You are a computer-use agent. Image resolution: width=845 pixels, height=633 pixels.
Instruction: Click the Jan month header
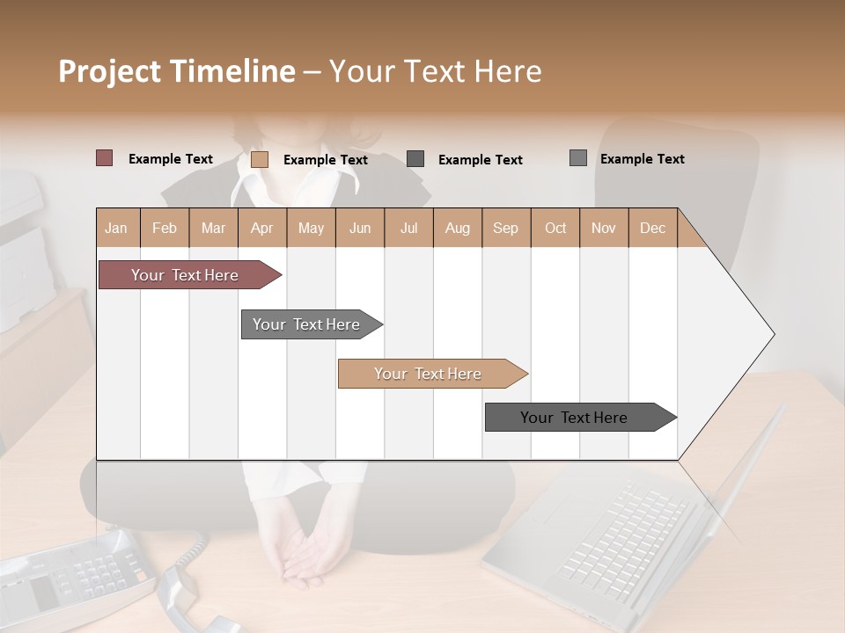click(x=117, y=228)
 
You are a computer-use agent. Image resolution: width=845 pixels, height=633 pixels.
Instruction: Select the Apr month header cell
click(x=262, y=228)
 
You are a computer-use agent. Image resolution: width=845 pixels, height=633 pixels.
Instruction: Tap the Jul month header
click(x=408, y=228)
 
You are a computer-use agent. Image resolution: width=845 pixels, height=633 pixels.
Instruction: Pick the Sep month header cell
click(x=506, y=228)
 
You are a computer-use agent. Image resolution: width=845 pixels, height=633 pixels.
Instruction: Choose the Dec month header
click(x=652, y=228)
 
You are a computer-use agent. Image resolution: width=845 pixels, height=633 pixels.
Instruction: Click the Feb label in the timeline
click(x=165, y=228)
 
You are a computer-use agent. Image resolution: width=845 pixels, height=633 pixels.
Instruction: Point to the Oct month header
click(x=555, y=228)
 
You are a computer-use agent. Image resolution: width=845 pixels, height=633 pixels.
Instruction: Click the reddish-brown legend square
click(x=105, y=158)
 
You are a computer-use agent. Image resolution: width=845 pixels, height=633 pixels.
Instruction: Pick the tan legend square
click(x=260, y=159)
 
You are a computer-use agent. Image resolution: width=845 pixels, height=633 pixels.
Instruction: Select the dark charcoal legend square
click(x=415, y=158)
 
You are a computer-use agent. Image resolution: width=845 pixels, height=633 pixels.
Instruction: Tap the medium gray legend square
click(x=578, y=158)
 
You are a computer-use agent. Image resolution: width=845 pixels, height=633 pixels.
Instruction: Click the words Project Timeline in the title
click(x=176, y=71)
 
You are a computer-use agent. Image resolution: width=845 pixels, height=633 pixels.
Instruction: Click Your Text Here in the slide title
click(x=435, y=71)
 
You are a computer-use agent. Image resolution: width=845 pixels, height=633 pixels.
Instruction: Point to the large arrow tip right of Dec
click(x=739, y=334)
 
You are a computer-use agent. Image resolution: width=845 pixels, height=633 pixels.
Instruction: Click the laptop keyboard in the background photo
click(x=616, y=536)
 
